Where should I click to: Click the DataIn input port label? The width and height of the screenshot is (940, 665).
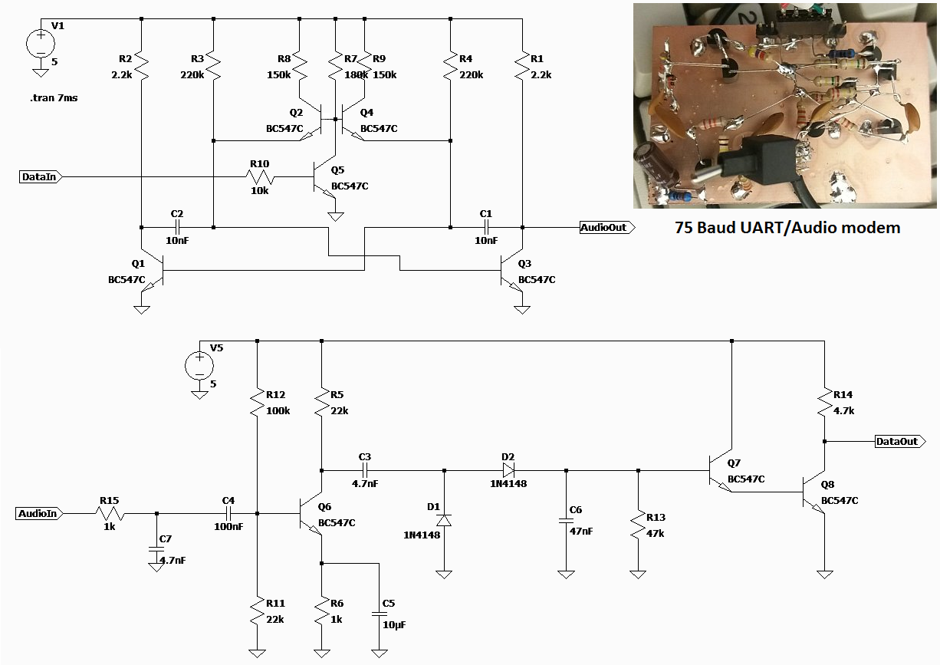tap(41, 176)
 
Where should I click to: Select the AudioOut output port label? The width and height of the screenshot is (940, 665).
tap(606, 228)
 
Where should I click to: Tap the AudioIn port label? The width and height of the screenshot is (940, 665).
tap(39, 513)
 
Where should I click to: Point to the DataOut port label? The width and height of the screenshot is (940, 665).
tap(900, 441)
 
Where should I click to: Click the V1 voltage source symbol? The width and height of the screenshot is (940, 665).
tap(41, 44)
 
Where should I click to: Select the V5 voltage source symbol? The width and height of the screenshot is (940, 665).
tap(199, 366)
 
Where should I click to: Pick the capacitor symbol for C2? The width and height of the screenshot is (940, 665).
tap(177, 228)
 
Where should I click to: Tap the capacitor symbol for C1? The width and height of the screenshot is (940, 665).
tap(486, 228)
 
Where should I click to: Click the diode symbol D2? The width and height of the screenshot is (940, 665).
tap(508, 470)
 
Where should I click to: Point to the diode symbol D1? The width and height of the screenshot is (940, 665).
tap(444, 521)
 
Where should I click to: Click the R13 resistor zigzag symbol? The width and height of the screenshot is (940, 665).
tap(638, 525)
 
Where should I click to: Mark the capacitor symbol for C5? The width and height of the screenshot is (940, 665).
tap(379, 614)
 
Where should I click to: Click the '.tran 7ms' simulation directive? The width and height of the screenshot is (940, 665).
tap(54, 98)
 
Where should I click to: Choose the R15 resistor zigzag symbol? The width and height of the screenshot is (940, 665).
tap(109, 513)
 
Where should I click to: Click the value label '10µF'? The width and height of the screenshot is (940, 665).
tap(394, 625)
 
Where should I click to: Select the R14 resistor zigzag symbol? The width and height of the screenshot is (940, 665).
tap(824, 402)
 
